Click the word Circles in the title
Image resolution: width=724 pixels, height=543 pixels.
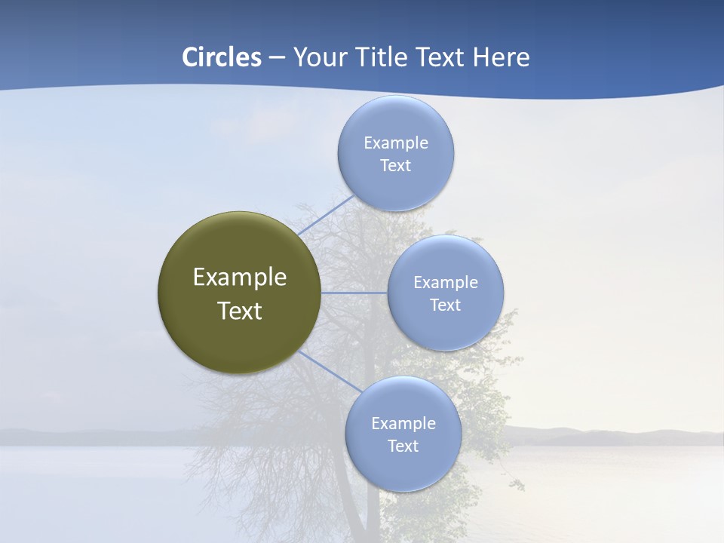[222, 57]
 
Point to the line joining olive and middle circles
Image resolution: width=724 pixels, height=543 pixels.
[354, 293]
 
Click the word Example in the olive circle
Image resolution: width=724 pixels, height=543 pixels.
[240, 278]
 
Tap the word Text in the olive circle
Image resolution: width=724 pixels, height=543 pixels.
[240, 311]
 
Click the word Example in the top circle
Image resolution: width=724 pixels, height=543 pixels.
[396, 143]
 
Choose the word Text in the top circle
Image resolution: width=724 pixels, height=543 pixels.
[395, 165]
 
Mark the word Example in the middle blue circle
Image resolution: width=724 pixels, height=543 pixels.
[446, 282]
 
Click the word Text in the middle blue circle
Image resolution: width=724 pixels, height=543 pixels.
[445, 305]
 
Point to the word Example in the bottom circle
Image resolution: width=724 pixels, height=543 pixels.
[403, 423]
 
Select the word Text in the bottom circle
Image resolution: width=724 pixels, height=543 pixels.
[403, 446]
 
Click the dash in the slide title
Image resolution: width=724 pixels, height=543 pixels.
[277, 57]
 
